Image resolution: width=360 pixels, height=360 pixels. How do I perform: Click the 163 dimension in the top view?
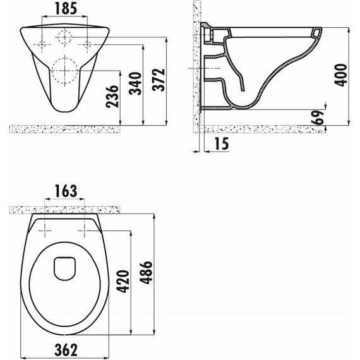tap(65, 189)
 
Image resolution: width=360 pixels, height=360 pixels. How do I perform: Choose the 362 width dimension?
tap(65, 349)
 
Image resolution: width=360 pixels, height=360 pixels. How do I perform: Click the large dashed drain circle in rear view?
tap(64, 71)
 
